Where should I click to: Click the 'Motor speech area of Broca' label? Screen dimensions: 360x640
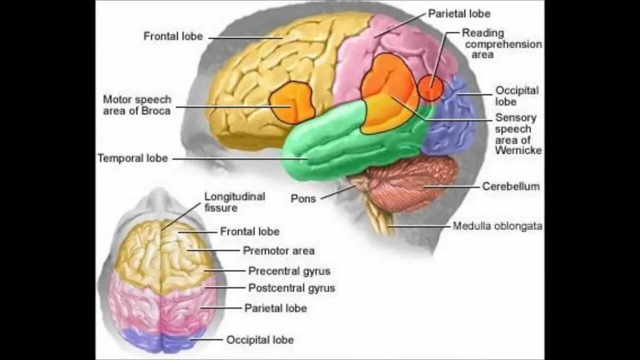[137, 105]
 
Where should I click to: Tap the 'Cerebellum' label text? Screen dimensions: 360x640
[510, 186]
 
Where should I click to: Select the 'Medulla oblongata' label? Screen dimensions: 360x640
[497, 226]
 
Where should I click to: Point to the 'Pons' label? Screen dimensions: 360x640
[303, 198]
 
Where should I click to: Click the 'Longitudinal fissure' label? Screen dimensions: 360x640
[234, 202]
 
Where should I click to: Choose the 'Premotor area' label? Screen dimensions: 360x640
[278, 250]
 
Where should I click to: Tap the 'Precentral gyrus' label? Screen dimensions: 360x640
[289, 271]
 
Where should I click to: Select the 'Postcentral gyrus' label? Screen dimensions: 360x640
[291, 288]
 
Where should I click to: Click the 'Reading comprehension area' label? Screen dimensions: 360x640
[501, 43]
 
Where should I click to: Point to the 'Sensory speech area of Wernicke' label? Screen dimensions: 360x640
[517, 134]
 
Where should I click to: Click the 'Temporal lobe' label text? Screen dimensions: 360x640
[132, 158]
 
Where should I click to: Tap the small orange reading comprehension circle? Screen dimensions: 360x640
[430, 88]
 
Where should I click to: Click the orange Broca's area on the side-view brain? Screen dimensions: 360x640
[292, 102]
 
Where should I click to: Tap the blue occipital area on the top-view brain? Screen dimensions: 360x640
[160, 341]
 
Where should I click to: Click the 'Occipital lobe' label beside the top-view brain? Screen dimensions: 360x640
[259, 340]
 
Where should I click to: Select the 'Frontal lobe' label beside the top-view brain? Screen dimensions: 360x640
[249, 231]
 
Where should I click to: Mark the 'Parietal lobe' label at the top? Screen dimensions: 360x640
[459, 13]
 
